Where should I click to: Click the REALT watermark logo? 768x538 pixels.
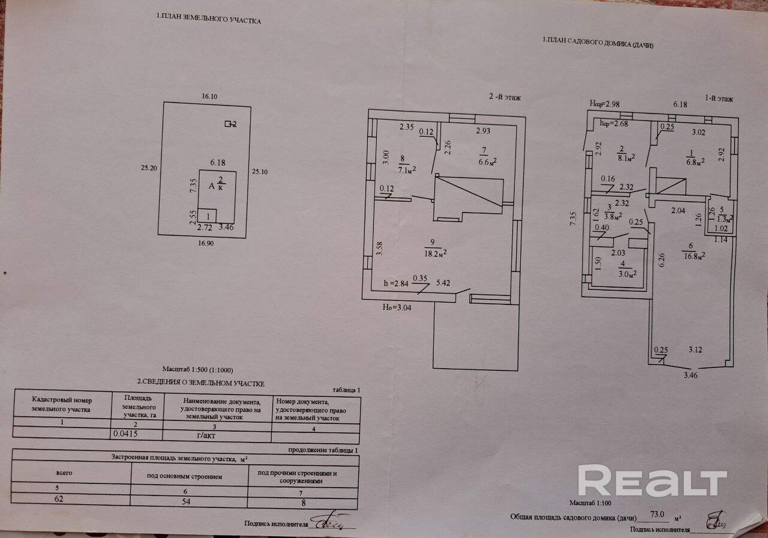652,481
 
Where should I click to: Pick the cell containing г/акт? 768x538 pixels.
206,434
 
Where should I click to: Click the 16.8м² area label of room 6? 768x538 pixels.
691,255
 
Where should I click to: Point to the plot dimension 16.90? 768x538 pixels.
206,244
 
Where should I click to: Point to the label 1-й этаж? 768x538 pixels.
719,98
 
